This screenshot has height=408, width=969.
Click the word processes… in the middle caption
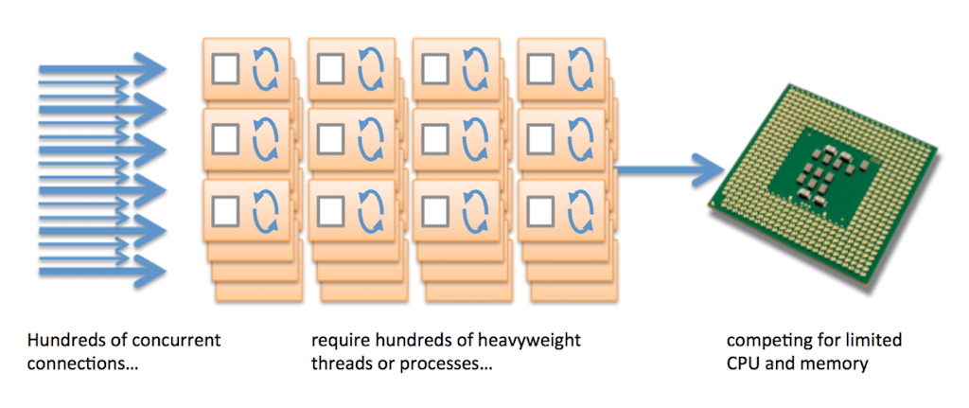(x=442, y=363)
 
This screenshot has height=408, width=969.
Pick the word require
(x=339, y=340)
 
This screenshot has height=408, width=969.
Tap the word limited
(x=874, y=340)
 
